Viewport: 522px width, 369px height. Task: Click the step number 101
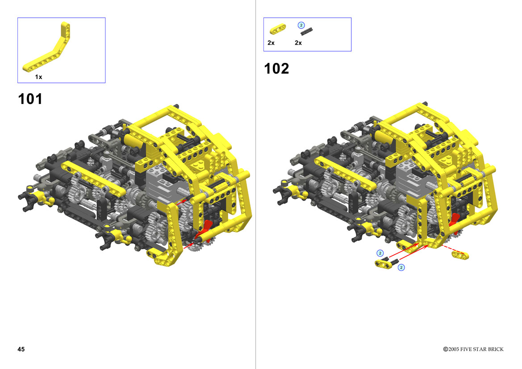[x=30, y=99]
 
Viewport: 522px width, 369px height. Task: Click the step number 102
[x=276, y=69]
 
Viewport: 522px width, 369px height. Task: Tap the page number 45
[x=21, y=349]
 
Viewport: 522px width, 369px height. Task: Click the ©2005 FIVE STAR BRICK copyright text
[x=473, y=349]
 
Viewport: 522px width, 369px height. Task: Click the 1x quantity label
[x=38, y=77]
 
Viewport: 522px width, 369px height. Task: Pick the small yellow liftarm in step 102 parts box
[x=277, y=29]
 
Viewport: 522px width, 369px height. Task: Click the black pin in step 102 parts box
[x=306, y=31]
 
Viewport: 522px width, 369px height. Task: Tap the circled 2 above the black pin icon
[x=301, y=25]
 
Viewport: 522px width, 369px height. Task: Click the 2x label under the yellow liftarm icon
[x=271, y=43]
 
